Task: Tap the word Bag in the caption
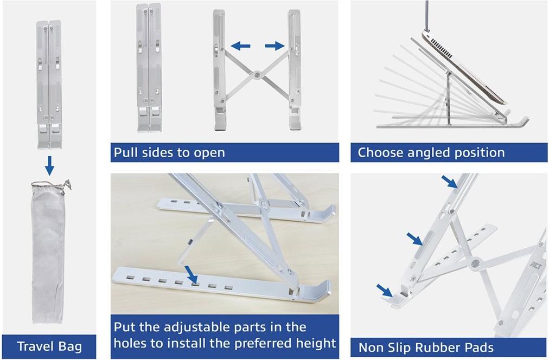(x=72, y=347)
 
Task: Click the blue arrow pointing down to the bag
(x=50, y=165)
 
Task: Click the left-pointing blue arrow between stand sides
(x=240, y=46)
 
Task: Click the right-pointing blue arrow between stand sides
(x=275, y=46)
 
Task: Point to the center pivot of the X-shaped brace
(x=258, y=74)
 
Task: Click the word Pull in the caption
(x=124, y=152)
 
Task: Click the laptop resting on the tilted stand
(x=465, y=67)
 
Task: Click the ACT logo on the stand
(x=536, y=266)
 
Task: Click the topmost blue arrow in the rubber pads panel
(x=449, y=182)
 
